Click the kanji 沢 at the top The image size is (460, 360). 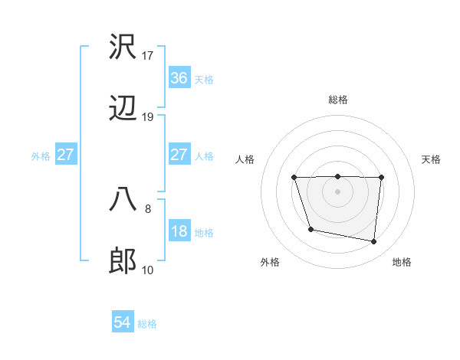point(123,47)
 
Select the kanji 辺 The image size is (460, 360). point(123,110)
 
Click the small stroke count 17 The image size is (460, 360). point(148,55)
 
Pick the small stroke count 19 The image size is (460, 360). point(148,117)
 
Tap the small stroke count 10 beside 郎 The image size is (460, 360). point(148,270)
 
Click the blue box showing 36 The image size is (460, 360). point(179,78)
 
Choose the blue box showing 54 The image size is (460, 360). point(123,323)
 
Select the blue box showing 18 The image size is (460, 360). point(179,232)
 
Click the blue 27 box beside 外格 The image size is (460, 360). point(66,155)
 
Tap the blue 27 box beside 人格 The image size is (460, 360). point(179,155)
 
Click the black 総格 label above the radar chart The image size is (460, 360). point(338,100)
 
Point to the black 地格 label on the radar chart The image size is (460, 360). point(402,263)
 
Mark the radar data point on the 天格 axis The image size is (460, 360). point(381,178)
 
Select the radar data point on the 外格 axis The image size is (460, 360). point(310,229)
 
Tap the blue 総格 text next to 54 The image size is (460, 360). point(147,324)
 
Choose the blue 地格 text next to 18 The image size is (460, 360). point(204,233)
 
